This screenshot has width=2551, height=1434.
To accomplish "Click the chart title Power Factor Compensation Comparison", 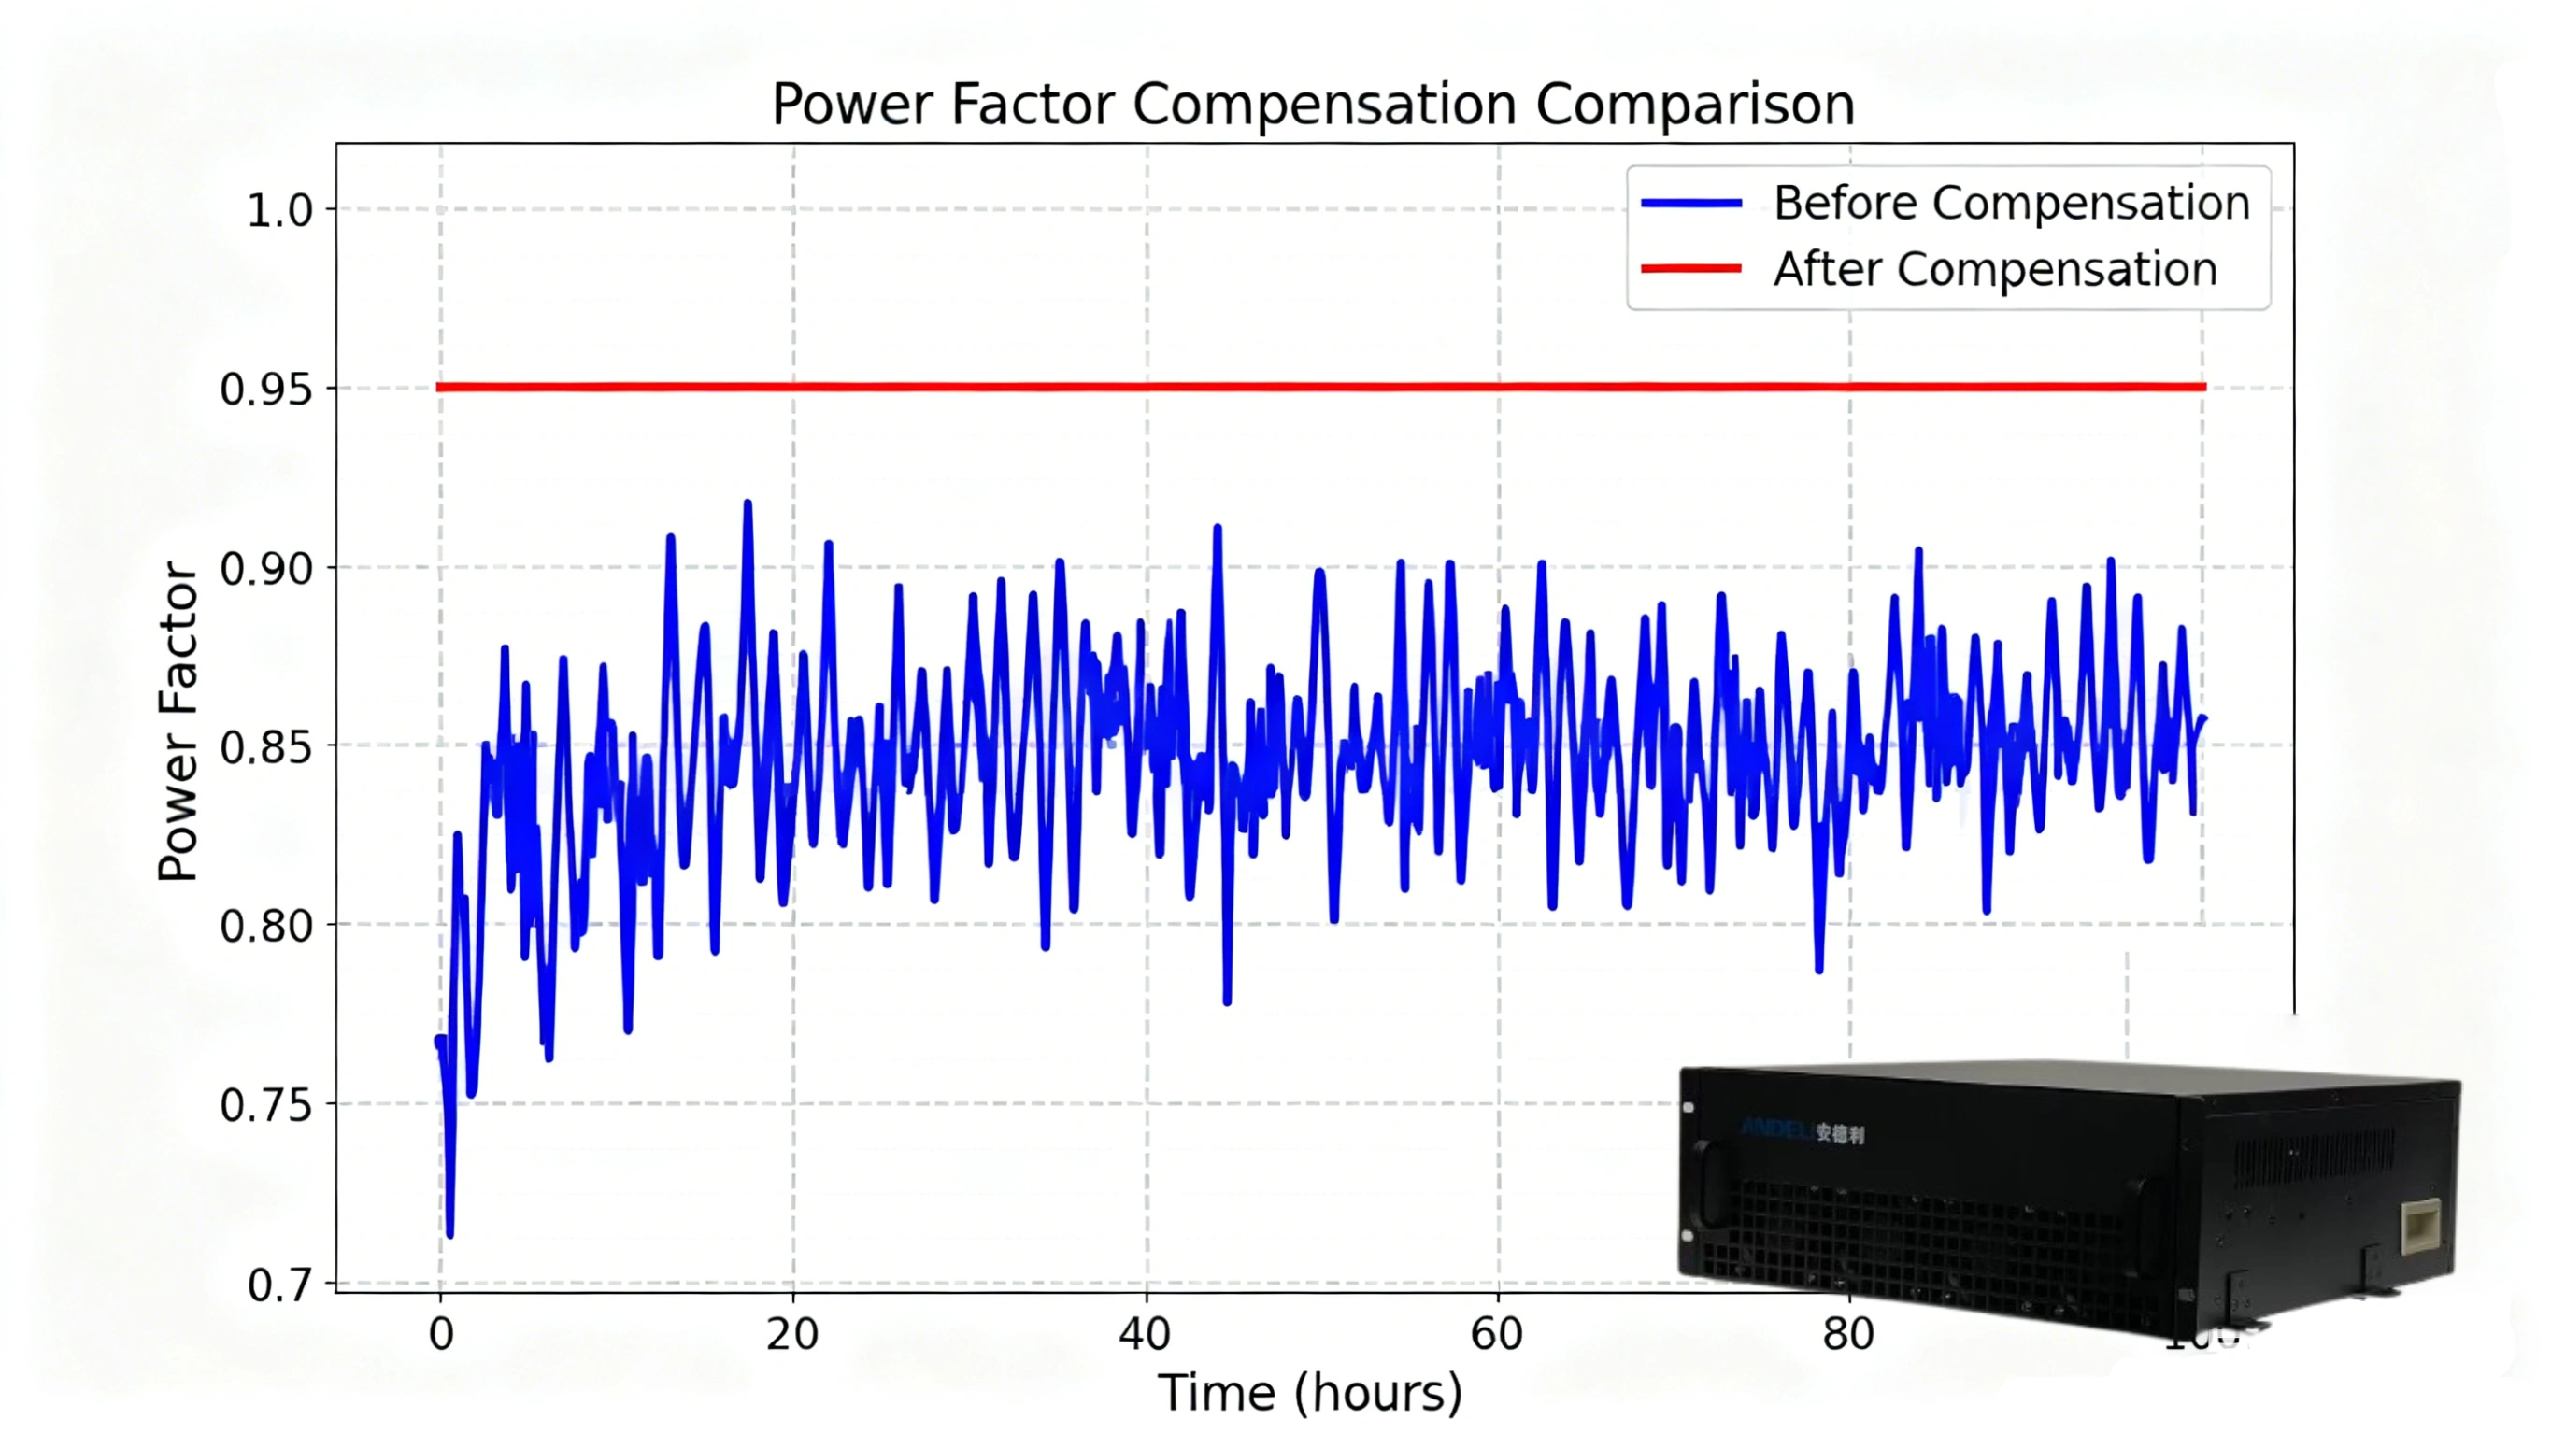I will pyautogui.click(x=1312, y=104).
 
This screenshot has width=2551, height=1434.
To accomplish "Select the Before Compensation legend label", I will pyautogui.click(x=2011, y=203).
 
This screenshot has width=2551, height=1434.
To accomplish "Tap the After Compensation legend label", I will pyautogui.click(x=1994, y=269).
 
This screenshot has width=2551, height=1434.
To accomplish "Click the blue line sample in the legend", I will pyautogui.click(x=1690, y=203).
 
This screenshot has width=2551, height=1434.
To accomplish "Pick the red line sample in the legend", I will pyautogui.click(x=1690, y=268).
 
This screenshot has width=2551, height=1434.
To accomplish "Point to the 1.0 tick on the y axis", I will pyautogui.click(x=279, y=211).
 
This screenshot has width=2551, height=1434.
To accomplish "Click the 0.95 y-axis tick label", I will pyautogui.click(x=266, y=390).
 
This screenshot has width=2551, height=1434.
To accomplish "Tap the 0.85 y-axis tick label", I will pyautogui.click(x=266, y=747).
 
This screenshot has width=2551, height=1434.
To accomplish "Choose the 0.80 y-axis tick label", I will pyautogui.click(x=266, y=927).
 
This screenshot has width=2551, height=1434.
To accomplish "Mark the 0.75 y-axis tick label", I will pyautogui.click(x=266, y=1106).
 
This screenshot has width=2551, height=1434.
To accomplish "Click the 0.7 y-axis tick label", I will pyautogui.click(x=279, y=1285).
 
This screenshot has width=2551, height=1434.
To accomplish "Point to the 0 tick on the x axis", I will pyautogui.click(x=441, y=1335).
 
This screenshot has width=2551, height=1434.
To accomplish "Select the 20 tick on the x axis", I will pyautogui.click(x=792, y=1335).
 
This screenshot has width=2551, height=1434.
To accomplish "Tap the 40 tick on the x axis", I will pyautogui.click(x=1145, y=1335).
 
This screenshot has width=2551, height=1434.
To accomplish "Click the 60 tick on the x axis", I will pyautogui.click(x=1496, y=1335).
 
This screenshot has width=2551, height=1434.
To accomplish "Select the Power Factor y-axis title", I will pyautogui.click(x=179, y=721).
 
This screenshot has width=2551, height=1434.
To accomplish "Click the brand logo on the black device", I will pyautogui.click(x=1803, y=1132).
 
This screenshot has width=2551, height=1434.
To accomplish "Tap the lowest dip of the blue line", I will pyautogui.click(x=450, y=1233).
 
